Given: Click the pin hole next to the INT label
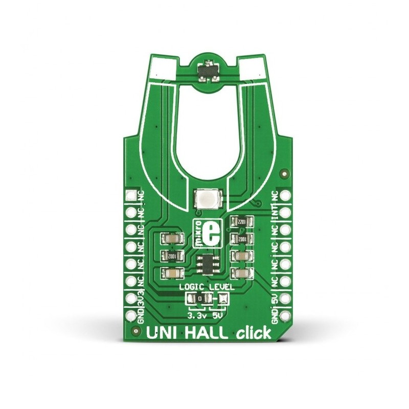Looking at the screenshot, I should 284,211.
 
